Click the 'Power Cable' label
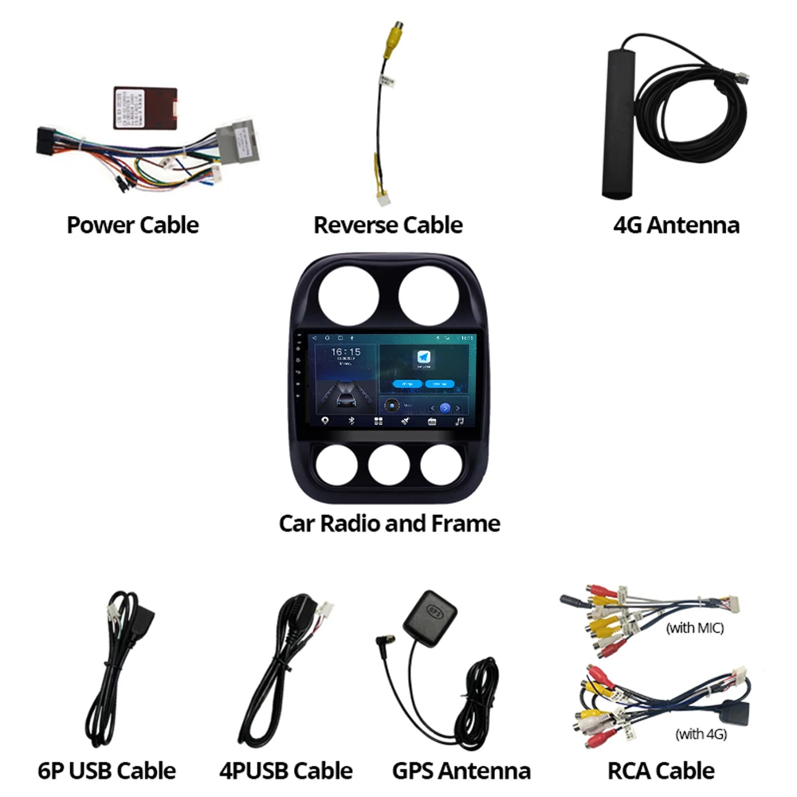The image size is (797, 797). point(132,225)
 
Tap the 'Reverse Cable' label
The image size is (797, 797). point(387,225)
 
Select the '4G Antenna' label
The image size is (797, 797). point(676,225)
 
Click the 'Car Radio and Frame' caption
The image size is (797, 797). point(389,524)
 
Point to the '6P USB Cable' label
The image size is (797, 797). point(106,771)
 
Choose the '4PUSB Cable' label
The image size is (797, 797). point(285,771)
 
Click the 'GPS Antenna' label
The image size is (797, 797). point(461,771)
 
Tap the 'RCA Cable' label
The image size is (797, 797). point(661,771)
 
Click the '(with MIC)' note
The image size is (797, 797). point(694,628)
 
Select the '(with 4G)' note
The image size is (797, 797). point(701,734)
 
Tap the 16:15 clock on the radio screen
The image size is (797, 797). point(345,351)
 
